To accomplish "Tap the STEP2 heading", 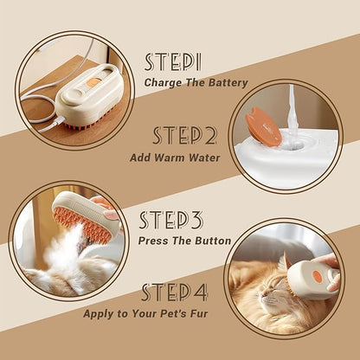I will pyautogui.click(x=184, y=136).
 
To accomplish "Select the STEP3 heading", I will pyautogui.click(x=171, y=220).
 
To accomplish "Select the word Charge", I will pyautogui.click(x=164, y=83).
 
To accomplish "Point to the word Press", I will pyautogui.click(x=157, y=241).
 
